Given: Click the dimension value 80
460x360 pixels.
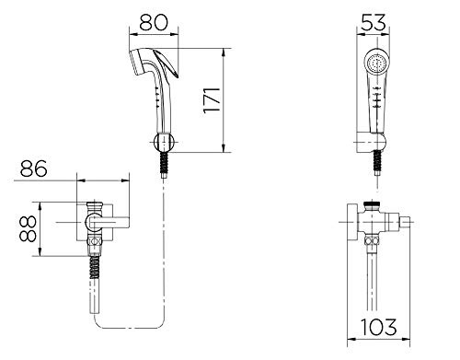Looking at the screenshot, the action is click(154, 22).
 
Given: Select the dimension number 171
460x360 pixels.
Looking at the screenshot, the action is click(212, 100).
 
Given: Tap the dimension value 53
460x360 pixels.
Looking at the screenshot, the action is click(373, 22).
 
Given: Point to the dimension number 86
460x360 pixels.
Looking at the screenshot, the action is click(34, 168).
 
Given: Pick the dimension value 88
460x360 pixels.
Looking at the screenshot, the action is click(28, 228).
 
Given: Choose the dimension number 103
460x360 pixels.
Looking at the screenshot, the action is click(378, 327).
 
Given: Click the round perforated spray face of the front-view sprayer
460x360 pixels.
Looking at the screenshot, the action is click(377, 64).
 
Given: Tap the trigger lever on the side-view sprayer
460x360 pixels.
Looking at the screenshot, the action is click(167, 64).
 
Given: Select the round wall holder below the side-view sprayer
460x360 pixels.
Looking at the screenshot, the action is click(164, 143).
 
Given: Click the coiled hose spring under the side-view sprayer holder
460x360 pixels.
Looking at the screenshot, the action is click(165, 163).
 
